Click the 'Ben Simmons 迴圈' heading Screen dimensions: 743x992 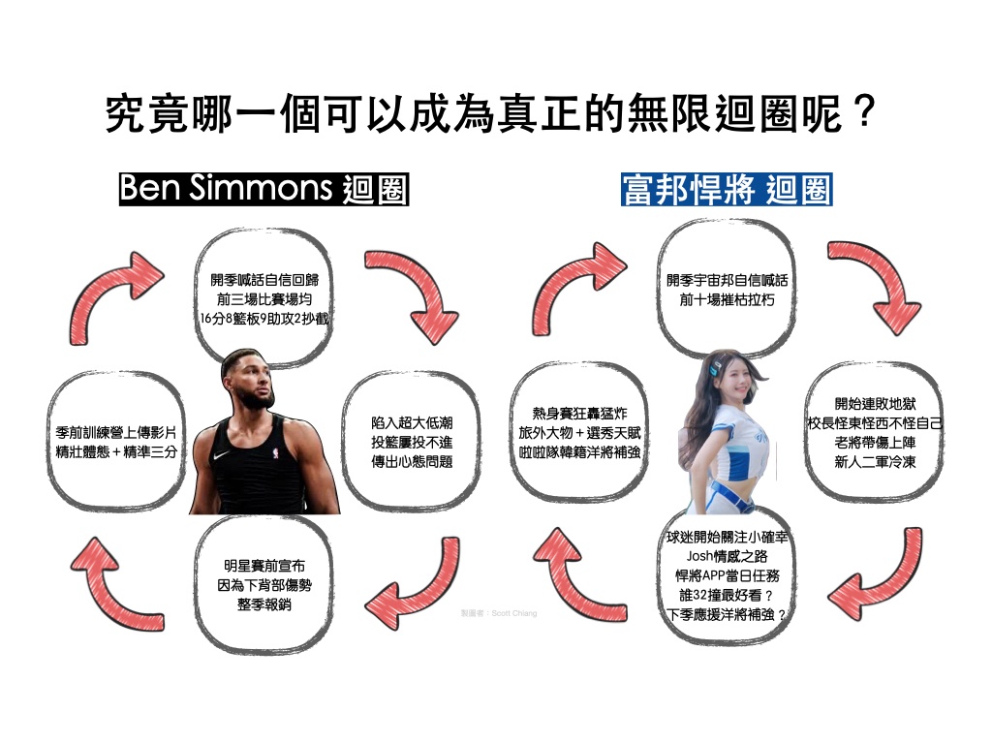[263, 189]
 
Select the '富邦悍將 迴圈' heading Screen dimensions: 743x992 [726, 189]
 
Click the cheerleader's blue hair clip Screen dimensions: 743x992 [712, 371]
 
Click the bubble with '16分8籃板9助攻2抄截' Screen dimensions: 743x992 [263, 298]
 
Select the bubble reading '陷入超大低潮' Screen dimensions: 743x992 [412, 442]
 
